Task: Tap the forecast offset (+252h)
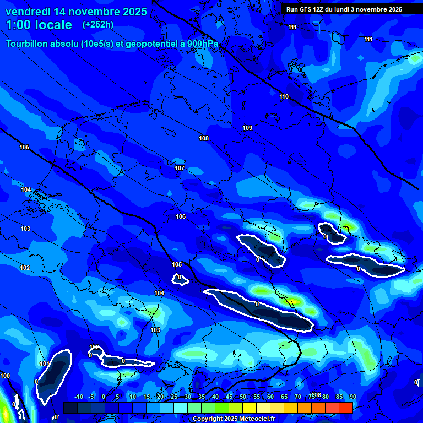(x=98, y=25)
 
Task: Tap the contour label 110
(x=284, y=96)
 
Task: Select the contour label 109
(x=247, y=128)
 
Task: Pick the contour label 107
(x=180, y=168)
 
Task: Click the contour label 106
(x=181, y=216)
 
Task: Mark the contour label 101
(x=45, y=364)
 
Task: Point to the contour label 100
(x=5, y=376)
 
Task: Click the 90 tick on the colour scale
(x=352, y=397)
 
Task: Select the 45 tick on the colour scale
(x=229, y=397)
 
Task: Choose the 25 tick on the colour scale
(x=173, y=397)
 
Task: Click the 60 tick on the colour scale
(x=270, y=397)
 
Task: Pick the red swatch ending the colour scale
(x=345, y=407)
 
